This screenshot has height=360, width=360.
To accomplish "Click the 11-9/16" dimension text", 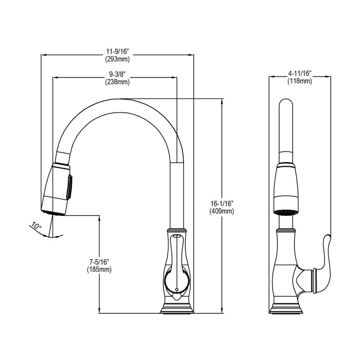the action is (x=117, y=51).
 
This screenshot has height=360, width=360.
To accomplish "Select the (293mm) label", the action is (x=117, y=59).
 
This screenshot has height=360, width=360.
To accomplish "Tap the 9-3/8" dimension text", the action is (x=117, y=74).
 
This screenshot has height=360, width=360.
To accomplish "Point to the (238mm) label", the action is (x=117, y=82).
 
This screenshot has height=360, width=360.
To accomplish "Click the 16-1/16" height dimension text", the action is (x=222, y=203).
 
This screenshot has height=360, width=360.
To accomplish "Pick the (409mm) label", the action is (x=222, y=211).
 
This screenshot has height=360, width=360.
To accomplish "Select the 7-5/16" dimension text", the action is (x=99, y=261).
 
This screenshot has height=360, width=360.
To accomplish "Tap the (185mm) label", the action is (x=99, y=269).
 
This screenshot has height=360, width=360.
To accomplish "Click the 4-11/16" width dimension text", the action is (x=300, y=73).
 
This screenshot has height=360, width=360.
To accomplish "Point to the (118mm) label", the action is (x=300, y=81).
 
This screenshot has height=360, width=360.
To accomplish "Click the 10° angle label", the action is (x=36, y=225).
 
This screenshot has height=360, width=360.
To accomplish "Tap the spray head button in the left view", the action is (x=69, y=187).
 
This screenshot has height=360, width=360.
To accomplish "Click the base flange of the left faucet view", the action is (x=177, y=308).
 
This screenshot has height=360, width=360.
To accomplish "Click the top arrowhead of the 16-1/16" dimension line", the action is (x=222, y=101).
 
